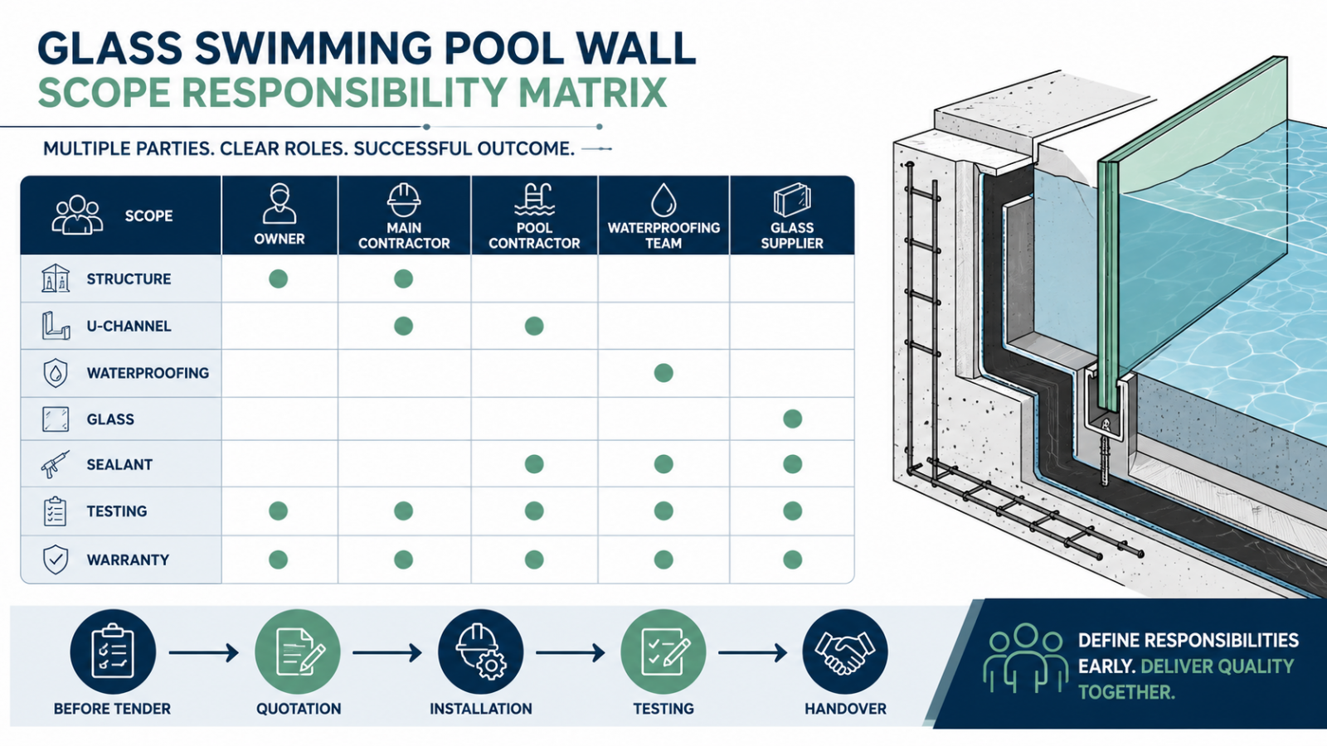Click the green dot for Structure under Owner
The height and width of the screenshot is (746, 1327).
279,279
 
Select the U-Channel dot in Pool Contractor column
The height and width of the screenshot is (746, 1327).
534,326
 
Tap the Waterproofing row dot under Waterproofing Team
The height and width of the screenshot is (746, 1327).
663,373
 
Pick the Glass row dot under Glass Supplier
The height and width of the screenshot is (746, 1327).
793,419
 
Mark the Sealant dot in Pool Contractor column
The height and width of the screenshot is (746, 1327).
534,464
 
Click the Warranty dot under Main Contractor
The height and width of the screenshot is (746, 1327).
403,559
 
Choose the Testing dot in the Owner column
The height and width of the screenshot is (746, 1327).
279,511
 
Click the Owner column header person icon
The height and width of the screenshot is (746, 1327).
279,203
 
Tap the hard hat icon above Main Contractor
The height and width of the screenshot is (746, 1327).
403,200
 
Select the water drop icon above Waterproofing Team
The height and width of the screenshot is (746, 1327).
663,200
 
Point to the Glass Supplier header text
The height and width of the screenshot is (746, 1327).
792,235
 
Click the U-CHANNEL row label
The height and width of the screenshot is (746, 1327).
129,327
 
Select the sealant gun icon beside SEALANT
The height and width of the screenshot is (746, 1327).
55,464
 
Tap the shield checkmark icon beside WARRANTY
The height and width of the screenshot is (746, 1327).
55,559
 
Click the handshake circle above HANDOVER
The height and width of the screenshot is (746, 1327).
845,652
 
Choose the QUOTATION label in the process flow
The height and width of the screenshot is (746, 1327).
299,709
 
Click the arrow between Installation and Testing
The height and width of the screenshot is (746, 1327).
571,653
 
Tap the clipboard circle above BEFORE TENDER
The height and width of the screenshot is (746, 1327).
113,652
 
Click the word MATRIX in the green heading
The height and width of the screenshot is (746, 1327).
592,92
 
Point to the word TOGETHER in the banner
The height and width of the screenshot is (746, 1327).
1126,692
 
